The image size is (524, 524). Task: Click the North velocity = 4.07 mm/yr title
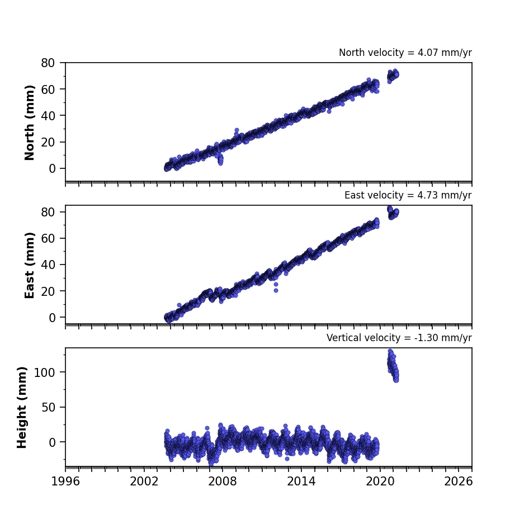tap(405, 53)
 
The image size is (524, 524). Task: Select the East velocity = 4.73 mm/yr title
tap(408, 195)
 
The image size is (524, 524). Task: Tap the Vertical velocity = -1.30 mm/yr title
tap(399, 338)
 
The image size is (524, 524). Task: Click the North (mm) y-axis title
tap(30, 122)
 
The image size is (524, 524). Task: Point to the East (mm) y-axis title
tap(30, 265)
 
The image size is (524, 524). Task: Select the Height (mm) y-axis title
tap(22, 407)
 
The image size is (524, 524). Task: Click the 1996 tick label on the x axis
tap(65, 481)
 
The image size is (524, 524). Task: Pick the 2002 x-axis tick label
tap(144, 481)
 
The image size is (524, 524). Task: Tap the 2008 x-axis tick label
tap(223, 481)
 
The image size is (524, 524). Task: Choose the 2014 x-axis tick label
tap(301, 481)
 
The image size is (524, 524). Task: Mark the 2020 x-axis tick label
tap(380, 481)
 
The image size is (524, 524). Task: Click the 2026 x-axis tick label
tap(459, 481)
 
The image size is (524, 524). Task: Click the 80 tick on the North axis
tap(48, 63)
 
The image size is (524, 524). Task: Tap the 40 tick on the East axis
tap(48, 265)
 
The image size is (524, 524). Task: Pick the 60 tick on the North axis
tap(48, 89)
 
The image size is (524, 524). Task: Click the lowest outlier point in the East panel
tap(276, 290)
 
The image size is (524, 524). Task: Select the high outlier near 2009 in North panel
tap(237, 130)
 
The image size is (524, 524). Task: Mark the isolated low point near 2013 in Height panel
tap(287, 459)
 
